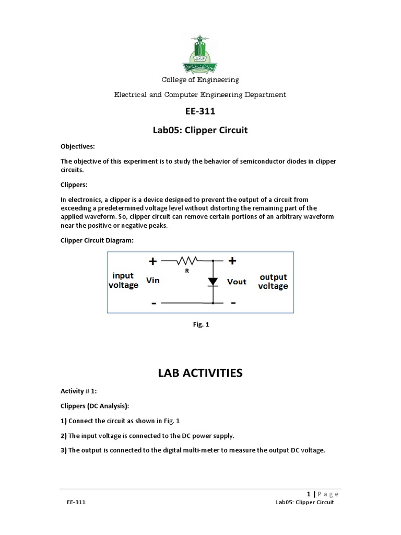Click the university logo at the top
click(200, 53)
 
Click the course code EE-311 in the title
click(200, 111)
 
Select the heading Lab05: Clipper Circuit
click(200, 130)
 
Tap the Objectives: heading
click(78, 147)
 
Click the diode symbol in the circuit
click(213, 282)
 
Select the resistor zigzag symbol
click(186, 260)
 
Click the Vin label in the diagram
click(153, 281)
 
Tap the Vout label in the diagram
click(237, 282)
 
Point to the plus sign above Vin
click(152, 261)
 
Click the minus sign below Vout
click(233, 303)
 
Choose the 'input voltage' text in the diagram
click(123, 280)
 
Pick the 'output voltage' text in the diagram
click(273, 282)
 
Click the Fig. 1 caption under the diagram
click(200, 324)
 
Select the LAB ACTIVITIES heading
click(200, 373)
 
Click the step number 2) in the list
click(64, 436)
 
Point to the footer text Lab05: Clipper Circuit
click(305, 503)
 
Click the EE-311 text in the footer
click(76, 503)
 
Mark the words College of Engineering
click(200, 80)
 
